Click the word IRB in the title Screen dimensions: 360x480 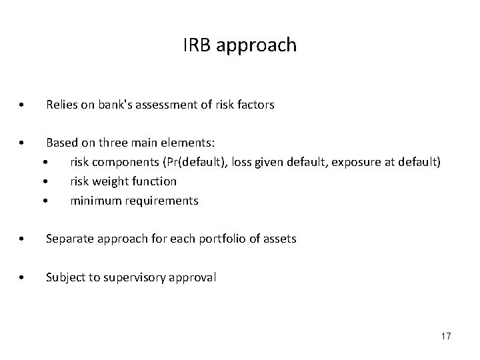point(195,46)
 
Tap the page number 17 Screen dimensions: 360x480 point(445,336)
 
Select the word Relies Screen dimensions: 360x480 point(61,105)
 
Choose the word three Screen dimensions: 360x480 point(110,143)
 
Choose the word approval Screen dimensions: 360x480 point(194,277)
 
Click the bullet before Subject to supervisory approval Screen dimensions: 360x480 point(23,277)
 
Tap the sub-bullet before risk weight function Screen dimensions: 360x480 point(46,181)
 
